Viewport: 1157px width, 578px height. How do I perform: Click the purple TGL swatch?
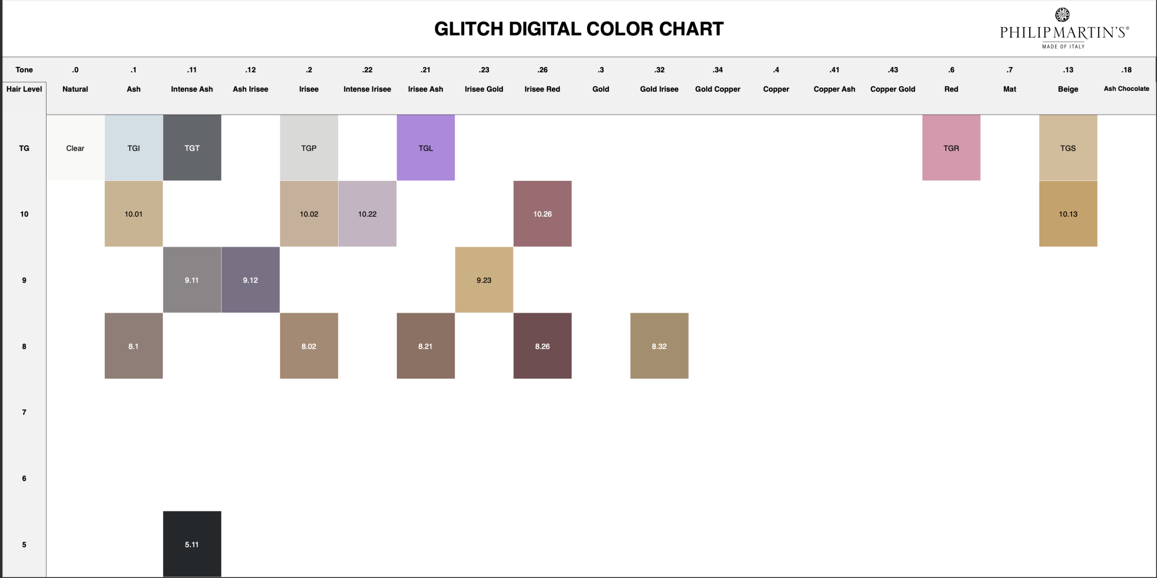(426, 147)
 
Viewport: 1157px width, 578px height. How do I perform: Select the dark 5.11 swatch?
(192, 544)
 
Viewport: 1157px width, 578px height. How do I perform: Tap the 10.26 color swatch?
(542, 213)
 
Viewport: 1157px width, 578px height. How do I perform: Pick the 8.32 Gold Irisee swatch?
(659, 346)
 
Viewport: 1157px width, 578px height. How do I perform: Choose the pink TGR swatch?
(951, 147)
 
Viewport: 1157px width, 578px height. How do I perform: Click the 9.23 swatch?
(484, 280)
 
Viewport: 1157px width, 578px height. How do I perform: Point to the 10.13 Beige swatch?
(1068, 213)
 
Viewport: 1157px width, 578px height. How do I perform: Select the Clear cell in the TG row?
(75, 147)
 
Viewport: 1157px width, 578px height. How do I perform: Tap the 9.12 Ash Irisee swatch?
(250, 280)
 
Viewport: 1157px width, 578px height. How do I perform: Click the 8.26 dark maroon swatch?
(542, 346)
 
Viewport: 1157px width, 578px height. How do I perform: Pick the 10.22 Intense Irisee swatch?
(367, 213)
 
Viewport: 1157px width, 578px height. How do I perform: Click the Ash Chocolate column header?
(1126, 89)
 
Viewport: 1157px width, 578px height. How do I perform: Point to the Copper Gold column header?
(893, 89)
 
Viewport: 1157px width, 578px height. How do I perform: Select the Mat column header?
(1010, 89)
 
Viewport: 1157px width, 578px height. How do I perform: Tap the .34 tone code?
(718, 70)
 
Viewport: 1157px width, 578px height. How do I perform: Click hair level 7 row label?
(24, 412)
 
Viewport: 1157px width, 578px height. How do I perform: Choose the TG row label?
(24, 148)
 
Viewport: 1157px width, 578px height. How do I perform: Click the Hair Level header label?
(24, 89)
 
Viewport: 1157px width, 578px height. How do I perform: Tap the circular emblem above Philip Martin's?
(1062, 14)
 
